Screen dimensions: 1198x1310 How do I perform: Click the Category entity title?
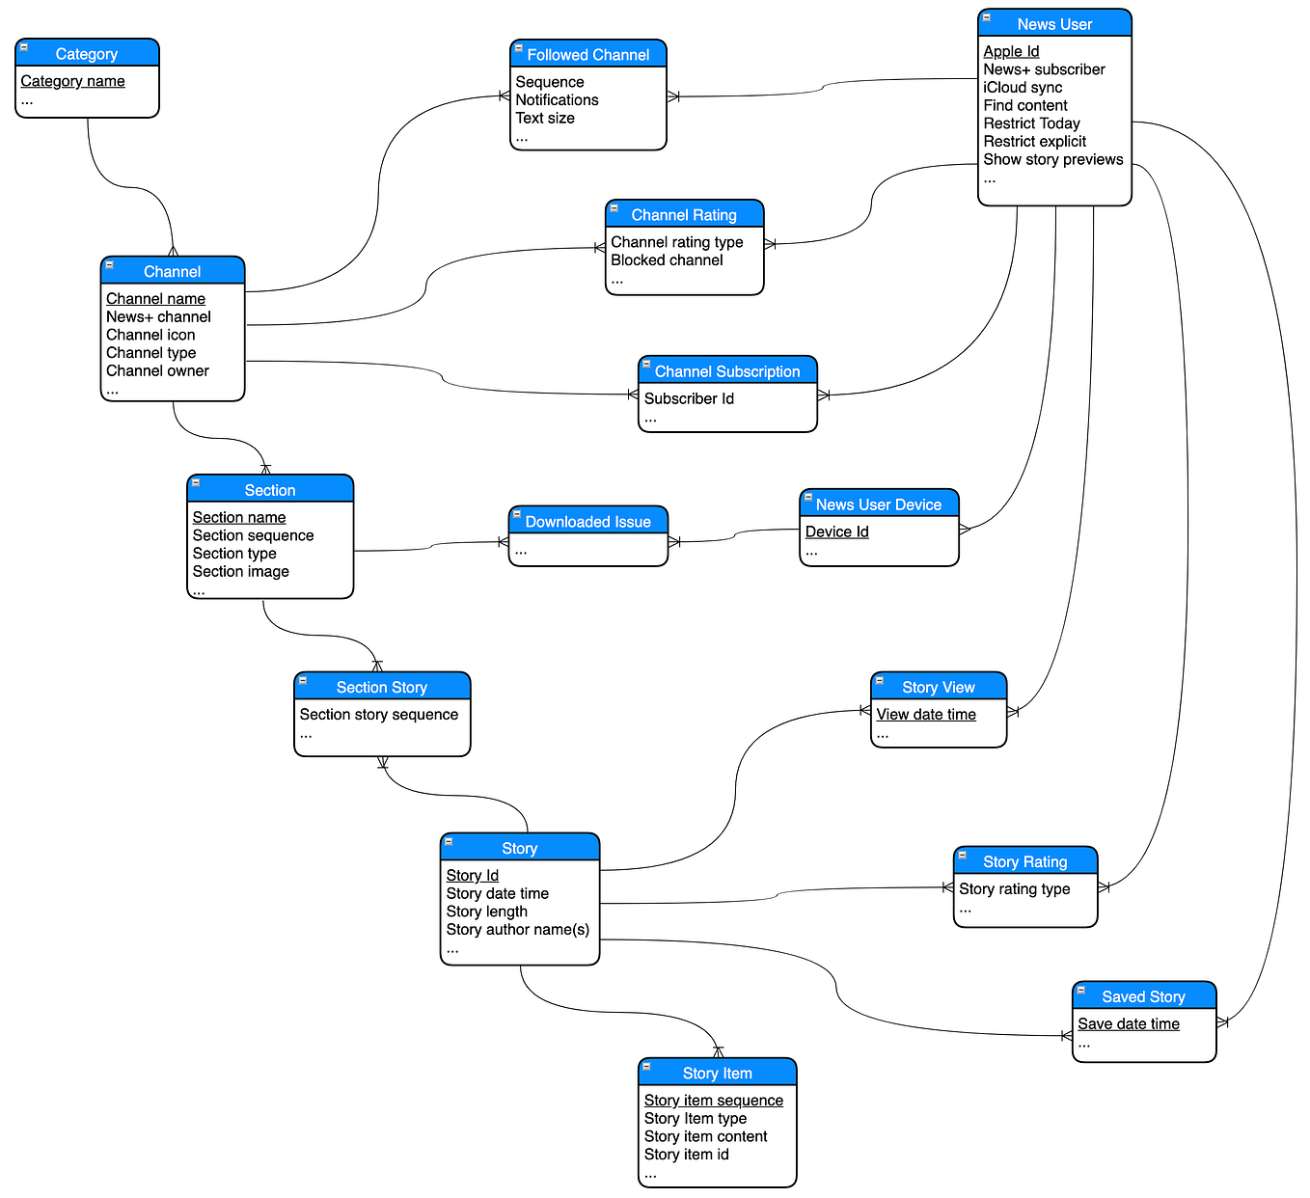[x=87, y=54]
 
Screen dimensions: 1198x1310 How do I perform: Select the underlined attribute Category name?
[x=73, y=81]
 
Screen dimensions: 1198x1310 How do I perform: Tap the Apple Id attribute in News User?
[x=1011, y=51]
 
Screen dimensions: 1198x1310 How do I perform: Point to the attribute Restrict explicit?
[x=1034, y=142]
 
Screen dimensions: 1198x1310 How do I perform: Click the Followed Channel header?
[x=587, y=55]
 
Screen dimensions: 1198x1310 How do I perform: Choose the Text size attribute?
[x=545, y=119]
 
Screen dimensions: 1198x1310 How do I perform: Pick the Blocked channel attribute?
[x=667, y=260]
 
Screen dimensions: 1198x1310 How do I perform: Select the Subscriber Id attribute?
[x=689, y=399]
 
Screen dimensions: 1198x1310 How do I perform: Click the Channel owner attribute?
[x=157, y=371]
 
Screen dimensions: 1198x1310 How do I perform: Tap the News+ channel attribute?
[x=158, y=317]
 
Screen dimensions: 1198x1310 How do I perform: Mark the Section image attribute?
[x=240, y=572]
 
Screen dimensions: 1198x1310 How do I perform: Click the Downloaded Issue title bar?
[x=587, y=522]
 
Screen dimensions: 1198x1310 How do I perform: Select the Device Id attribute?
[x=836, y=532]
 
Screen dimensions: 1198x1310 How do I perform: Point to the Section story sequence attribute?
[x=378, y=715]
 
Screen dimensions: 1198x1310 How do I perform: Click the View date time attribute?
[x=926, y=715]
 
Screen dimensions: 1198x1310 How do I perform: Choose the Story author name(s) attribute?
[x=517, y=930]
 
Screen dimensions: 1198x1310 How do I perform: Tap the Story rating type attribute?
[x=1014, y=889]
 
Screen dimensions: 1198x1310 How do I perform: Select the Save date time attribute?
[x=1129, y=1024]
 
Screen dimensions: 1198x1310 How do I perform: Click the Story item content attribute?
[x=705, y=1137]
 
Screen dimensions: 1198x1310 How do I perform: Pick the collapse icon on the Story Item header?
[x=647, y=1068]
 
